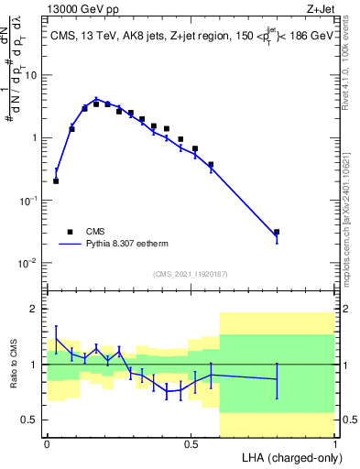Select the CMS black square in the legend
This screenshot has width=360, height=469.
coord(70,232)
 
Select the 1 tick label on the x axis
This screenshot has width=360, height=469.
coord(333,443)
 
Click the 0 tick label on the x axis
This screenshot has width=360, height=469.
coord(47,443)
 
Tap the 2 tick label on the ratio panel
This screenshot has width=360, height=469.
coord(35,309)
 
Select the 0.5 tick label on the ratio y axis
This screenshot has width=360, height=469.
coord(31,420)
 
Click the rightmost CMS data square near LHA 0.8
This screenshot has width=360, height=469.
coord(277,232)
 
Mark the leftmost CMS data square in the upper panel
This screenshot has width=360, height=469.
coord(56,181)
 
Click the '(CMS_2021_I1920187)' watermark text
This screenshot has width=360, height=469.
coord(190,274)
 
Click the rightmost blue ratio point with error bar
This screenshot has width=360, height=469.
coord(277,379)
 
